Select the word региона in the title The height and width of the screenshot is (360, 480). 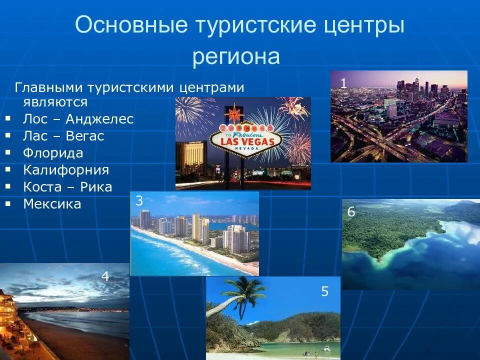236,56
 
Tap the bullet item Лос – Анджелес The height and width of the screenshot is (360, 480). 78,119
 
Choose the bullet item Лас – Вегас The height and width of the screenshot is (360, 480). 63,136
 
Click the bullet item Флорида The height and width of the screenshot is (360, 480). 53,153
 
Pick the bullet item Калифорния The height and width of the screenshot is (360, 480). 66,170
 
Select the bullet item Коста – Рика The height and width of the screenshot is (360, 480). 67,187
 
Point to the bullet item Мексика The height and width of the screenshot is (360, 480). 52,204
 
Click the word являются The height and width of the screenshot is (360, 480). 55,102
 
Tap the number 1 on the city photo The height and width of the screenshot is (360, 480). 343,83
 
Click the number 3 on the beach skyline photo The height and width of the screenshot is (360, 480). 139,201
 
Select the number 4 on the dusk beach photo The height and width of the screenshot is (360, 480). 105,276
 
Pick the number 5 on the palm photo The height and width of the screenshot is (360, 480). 324,291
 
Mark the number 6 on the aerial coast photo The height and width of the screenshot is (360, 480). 351,212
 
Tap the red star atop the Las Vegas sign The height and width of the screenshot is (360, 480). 233,113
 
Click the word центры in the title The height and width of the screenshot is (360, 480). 360,25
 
